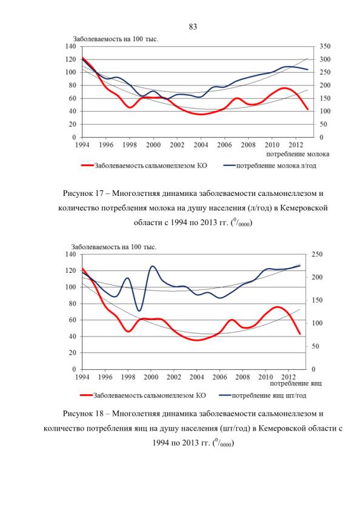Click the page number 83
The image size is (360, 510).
click(x=193, y=27)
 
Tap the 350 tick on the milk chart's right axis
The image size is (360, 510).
click(x=325, y=47)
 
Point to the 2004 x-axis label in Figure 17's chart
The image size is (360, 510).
click(x=201, y=145)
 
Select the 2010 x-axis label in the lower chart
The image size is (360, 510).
click(x=265, y=377)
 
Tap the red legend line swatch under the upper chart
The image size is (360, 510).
click(x=87, y=166)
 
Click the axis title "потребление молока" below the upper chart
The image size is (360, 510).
click(x=297, y=154)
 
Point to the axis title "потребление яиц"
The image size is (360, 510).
click(x=296, y=383)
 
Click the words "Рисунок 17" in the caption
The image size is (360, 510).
click(x=83, y=193)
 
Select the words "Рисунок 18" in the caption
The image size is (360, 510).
click(x=83, y=414)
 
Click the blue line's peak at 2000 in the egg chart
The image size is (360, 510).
click(x=152, y=266)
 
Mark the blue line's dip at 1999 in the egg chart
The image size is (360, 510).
click(x=139, y=311)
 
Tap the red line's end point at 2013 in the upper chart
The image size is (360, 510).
click(x=307, y=109)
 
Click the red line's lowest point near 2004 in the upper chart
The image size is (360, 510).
click(x=201, y=114)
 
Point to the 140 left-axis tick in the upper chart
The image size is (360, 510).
click(x=71, y=47)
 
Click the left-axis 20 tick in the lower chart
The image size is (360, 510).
click(x=72, y=353)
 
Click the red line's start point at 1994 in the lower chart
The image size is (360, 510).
click(x=82, y=269)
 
